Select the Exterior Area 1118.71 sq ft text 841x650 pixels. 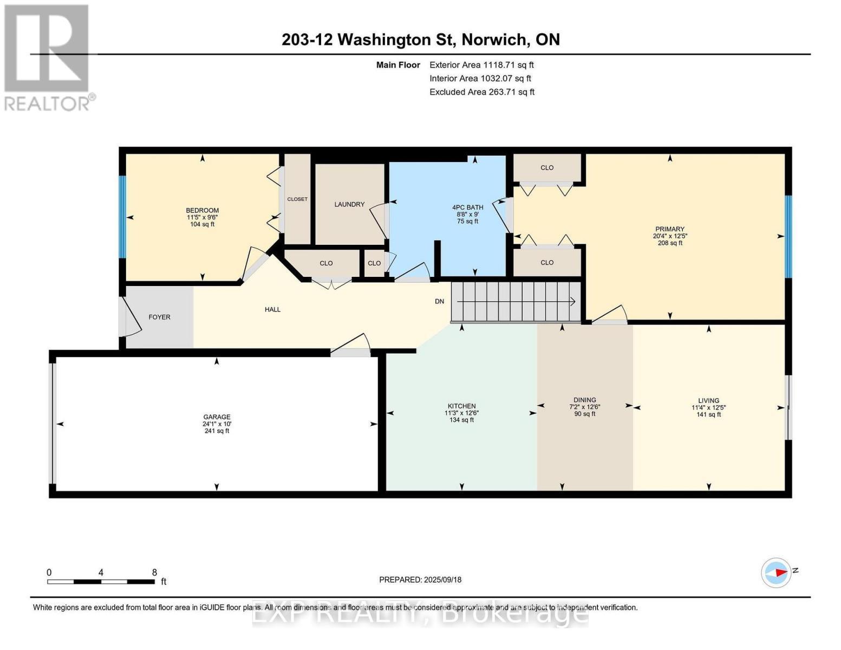click(481, 65)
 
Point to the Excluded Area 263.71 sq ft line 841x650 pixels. click(482, 92)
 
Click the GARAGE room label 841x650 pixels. click(217, 417)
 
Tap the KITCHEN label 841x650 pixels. click(461, 406)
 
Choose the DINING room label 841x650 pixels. click(584, 400)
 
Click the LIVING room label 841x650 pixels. click(708, 401)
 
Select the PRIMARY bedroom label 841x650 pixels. click(669, 229)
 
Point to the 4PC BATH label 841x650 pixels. click(467, 207)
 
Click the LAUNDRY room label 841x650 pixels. click(349, 204)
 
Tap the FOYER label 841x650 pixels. click(159, 317)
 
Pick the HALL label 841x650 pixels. click(272, 309)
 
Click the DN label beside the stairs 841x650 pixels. click(439, 301)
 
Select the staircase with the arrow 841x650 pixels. click(516, 302)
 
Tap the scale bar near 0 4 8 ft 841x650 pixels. click(101, 581)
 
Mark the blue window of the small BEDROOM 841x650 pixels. click(122, 217)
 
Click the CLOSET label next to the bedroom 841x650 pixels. click(297, 199)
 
